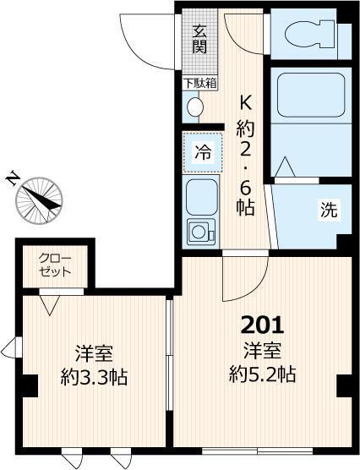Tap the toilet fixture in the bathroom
[x=308, y=35]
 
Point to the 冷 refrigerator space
[x=202, y=153]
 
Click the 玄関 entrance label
[x=199, y=39]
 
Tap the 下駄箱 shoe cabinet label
[x=199, y=83]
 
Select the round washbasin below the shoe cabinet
[x=194, y=107]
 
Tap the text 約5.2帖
[x=264, y=373]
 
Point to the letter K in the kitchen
[x=246, y=103]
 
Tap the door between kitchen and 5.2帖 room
[x=245, y=279]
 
